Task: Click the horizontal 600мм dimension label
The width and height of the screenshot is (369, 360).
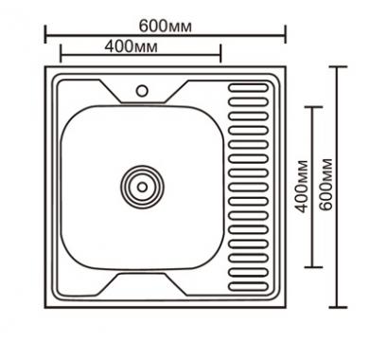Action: click(166, 26)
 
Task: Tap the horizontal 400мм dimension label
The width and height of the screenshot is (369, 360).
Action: click(131, 46)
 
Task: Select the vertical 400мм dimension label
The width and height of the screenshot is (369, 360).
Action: click(302, 187)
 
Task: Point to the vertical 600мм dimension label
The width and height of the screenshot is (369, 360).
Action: click(325, 185)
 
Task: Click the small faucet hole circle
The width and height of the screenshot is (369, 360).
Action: click(142, 91)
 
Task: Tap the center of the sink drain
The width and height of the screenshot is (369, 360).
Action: click(142, 187)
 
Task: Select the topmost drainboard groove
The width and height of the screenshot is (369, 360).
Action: click(248, 87)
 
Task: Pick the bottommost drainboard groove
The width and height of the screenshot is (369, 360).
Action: click(248, 287)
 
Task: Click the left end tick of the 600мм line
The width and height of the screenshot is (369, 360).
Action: click(45, 34)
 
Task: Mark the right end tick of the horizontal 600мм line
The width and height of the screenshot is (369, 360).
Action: click(286, 34)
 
